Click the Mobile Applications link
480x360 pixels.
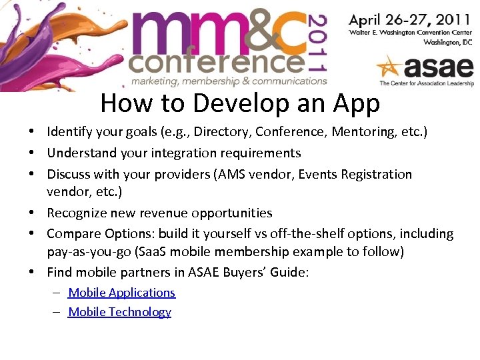[x=121, y=293]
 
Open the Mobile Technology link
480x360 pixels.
[x=119, y=312]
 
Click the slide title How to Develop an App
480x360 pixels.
[x=240, y=103]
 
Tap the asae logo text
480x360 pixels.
[x=437, y=67]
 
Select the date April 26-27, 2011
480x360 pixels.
[x=411, y=19]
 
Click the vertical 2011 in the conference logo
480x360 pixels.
[x=319, y=43]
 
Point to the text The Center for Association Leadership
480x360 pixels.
[x=426, y=83]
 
